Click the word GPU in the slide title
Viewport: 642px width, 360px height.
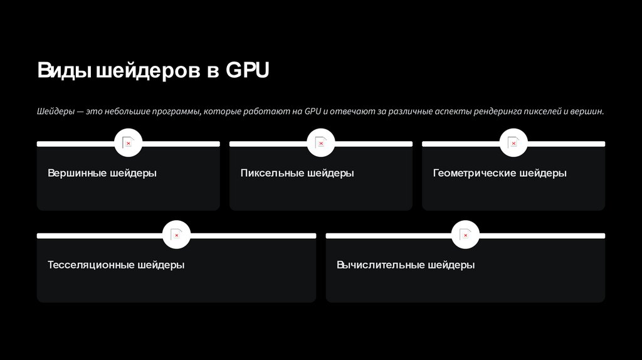coord(248,71)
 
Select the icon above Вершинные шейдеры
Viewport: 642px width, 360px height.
coord(128,144)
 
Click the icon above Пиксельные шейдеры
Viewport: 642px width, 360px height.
coord(321,144)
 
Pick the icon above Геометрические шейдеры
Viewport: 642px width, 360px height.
coord(513,144)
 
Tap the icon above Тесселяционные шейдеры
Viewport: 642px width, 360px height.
coord(176,235)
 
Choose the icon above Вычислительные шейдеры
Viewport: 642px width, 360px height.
coord(465,235)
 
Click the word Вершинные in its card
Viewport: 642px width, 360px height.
coord(76,173)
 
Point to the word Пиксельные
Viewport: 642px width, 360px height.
coord(271,173)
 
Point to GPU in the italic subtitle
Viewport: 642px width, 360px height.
coord(313,112)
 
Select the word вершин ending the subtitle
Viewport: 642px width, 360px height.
coord(589,112)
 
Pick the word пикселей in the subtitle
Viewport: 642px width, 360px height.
coord(544,112)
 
